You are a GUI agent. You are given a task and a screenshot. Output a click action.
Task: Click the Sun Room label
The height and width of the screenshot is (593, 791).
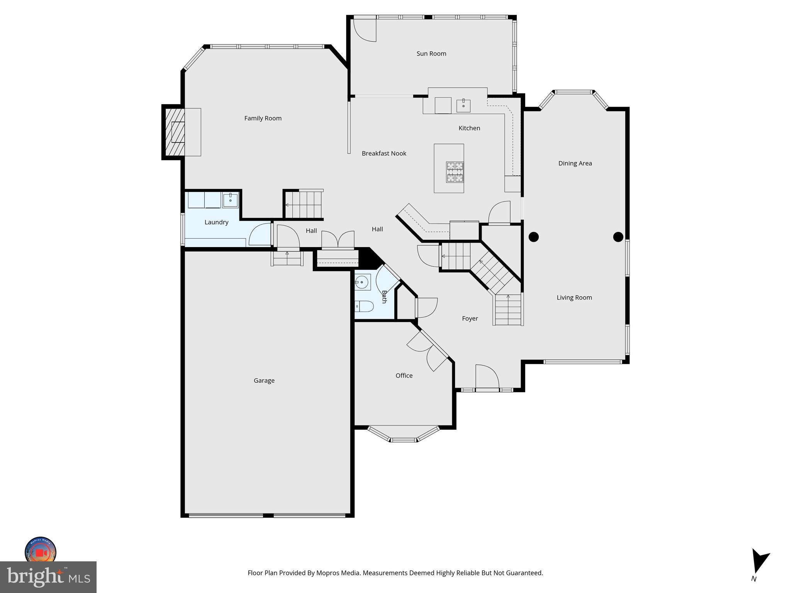(x=431, y=54)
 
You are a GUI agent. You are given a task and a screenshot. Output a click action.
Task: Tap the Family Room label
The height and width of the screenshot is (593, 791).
(x=263, y=118)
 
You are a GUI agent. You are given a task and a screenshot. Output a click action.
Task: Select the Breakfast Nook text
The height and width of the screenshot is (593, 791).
(x=384, y=153)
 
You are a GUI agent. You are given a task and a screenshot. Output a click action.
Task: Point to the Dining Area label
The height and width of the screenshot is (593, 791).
(x=575, y=163)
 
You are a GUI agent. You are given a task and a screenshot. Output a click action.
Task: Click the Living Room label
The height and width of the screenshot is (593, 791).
(x=574, y=297)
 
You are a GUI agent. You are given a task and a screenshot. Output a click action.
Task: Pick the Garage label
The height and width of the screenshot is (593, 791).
(x=264, y=380)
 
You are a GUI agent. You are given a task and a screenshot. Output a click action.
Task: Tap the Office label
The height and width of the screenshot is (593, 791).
(x=404, y=375)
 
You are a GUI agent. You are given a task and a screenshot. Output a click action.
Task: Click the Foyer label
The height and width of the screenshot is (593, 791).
(x=470, y=319)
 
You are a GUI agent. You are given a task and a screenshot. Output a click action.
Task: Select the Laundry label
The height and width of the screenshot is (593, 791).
(x=216, y=222)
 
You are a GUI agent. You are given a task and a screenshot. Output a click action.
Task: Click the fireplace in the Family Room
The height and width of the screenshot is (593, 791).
(x=175, y=132)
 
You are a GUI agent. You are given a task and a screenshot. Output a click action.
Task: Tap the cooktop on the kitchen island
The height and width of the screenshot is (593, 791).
(x=455, y=172)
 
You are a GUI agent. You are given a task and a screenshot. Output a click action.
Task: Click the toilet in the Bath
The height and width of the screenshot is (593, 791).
(x=364, y=306)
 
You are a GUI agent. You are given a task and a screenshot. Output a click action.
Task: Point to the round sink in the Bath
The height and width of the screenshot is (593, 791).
(x=362, y=282)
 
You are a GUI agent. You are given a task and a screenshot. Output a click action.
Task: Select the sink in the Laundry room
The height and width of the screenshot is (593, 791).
(x=230, y=200)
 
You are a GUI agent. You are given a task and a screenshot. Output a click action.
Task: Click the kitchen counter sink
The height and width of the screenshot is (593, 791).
(x=463, y=105)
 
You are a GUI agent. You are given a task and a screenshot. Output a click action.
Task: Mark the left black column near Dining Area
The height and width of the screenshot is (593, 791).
(x=533, y=237)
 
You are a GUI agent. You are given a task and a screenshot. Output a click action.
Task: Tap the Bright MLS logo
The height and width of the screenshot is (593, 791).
(x=48, y=577)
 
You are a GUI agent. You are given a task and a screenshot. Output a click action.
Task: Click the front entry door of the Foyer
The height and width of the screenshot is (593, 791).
(x=487, y=378)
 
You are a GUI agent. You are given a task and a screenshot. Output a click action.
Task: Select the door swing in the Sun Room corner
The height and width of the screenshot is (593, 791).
(x=364, y=30)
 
